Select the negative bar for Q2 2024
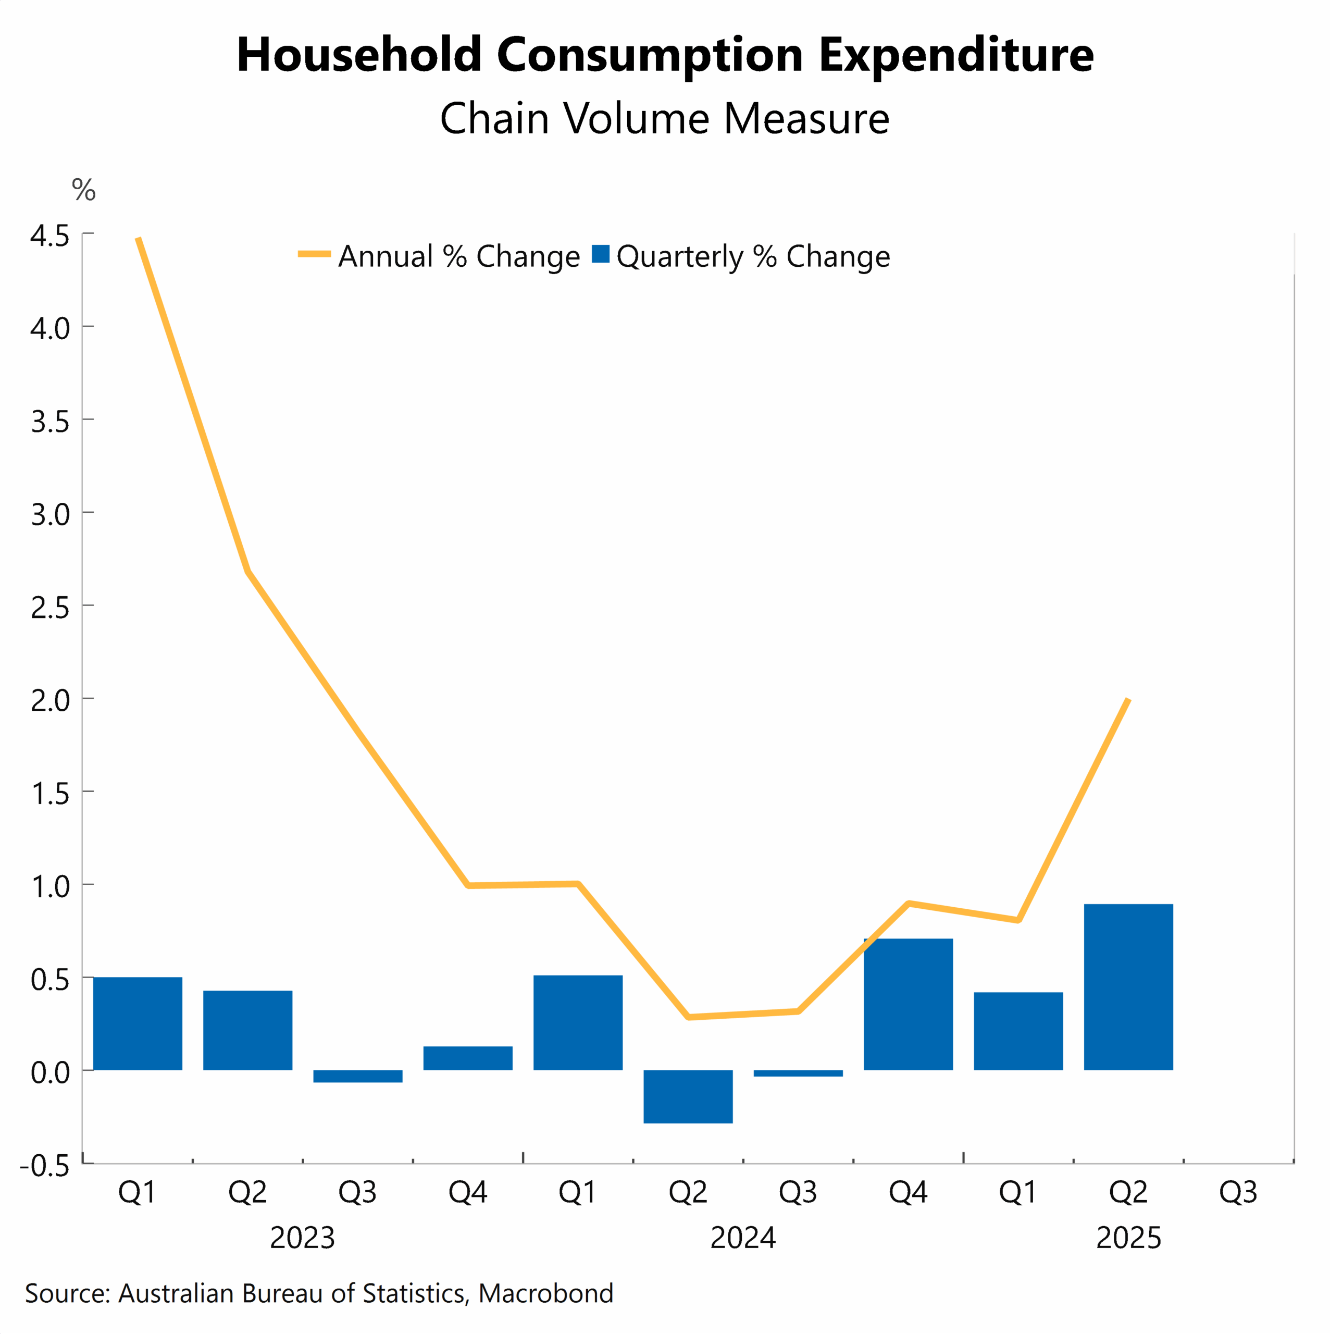tap(688, 1096)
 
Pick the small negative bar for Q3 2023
tap(357, 1077)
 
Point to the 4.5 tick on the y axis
tap(49, 236)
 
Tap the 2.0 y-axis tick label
tap(49, 700)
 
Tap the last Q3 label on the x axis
tap(1238, 1192)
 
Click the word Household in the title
tap(359, 55)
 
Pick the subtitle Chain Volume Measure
tap(664, 119)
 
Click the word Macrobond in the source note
tap(545, 1293)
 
